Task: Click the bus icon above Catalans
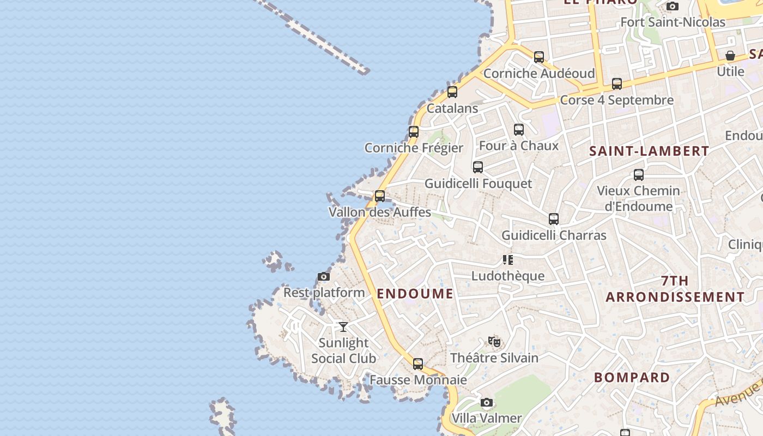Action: (x=452, y=92)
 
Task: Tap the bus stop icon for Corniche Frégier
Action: (x=414, y=132)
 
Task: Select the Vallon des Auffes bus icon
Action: (x=380, y=196)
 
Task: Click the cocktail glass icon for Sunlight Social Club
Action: (x=343, y=327)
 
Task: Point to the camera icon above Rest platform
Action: (x=324, y=277)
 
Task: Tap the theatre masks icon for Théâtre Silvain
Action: (x=494, y=342)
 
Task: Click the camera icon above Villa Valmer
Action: (x=487, y=403)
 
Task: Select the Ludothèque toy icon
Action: (x=507, y=260)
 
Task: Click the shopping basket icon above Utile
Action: (x=730, y=56)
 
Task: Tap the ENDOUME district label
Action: (x=415, y=294)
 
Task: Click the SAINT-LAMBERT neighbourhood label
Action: (x=649, y=152)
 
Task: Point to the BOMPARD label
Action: (x=632, y=378)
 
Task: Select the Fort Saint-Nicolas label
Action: (x=673, y=22)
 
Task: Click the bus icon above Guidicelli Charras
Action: (x=554, y=219)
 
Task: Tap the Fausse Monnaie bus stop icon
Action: (x=418, y=364)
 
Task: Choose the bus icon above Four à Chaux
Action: (x=519, y=130)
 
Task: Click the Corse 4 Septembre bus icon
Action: (x=617, y=84)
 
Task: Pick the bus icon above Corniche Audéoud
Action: (x=539, y=57)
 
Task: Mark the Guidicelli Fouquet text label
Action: (x=478, y=184)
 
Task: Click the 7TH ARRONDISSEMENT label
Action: (x=675, y=289)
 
